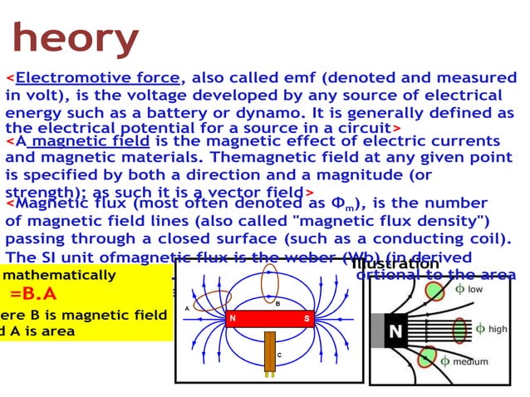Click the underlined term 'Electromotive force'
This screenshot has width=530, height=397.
click(98, 78)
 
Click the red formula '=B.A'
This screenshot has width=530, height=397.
click(33, 294)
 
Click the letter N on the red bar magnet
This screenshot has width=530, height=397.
click(233, 319)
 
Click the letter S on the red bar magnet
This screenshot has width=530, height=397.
click(306, 319)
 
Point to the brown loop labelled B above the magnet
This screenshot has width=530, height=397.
click(269, 282)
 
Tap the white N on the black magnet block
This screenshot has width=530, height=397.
click(395, 331)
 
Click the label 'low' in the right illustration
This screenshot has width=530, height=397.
click(474, 289)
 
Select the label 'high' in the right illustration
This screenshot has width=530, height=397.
click(497, 329)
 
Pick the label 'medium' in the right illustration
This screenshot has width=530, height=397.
click(470, 361)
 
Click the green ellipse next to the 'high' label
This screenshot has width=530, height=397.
click(459, 329)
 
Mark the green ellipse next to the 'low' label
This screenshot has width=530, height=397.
click(434, 291)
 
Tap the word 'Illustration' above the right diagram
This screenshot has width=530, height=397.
click(395, 264)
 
